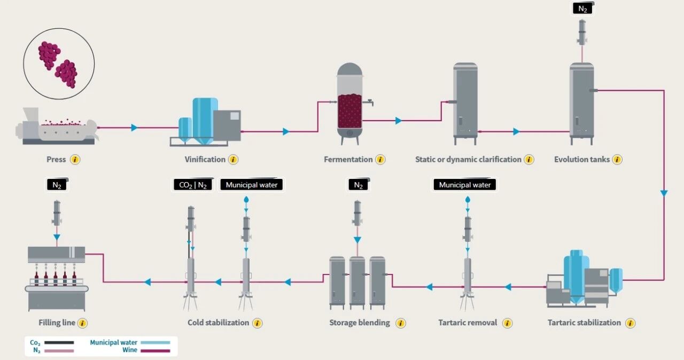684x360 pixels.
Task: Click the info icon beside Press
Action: pyautogui.click(x=75, y=160)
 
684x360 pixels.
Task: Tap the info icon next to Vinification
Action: pyautogui.click(x=233, y=160)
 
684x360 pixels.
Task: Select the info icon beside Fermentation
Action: pyautogui.click(x=380, y=160)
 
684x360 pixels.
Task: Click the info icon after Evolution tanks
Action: pyautogui.click(x=617, y=160)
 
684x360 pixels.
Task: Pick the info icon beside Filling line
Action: pyautogui.click(x=82, y=323)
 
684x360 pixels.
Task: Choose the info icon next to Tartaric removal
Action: pyautogui.click(x=507, y=323)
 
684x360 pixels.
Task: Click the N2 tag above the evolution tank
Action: pyautogui.click(x=583, y=9)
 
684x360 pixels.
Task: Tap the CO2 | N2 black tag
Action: pyautogui.click(x=193, y=185)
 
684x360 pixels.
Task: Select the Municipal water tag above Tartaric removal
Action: pyautogui.click(x=465, y=185)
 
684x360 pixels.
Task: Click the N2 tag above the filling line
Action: pyautogui.click(x=57, y=185)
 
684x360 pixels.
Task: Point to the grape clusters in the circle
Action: pyautogui.click(x=58, y=64)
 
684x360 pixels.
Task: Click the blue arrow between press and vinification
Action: pyautogui.click(x=134, y=128)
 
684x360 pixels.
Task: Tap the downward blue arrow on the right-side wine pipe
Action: pyautogui.click(x=664, y=193)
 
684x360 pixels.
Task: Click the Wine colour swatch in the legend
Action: pyautogui.click(x=155, y=351)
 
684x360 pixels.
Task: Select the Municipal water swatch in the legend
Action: pyautogui.click(x=155, y=342)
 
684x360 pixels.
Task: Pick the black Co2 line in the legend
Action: pyautogui.click(x=59, y=342)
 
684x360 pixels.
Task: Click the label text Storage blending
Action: pyautogui.click(x=360, y=323)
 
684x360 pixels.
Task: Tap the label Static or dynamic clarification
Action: pyautogui.click(x=468, y=160)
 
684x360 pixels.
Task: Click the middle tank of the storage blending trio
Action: pyautogui.click(x=357, y=283)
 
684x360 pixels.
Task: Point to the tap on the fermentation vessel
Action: pyautogui.click(x=370, y=102)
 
